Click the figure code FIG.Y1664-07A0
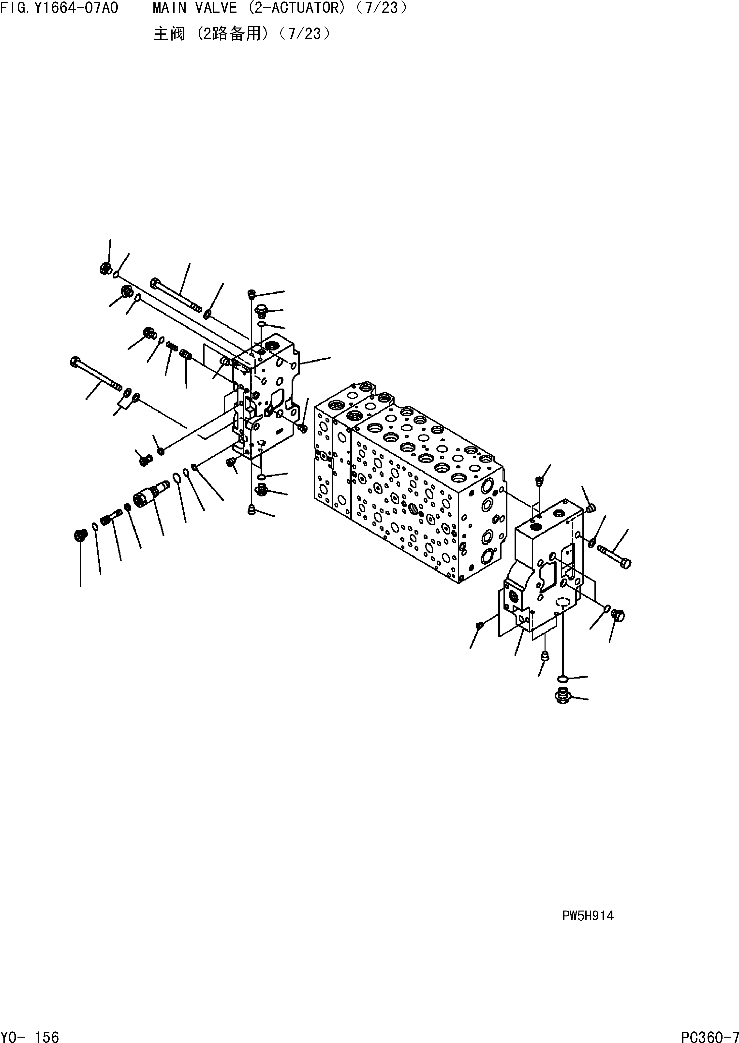59,8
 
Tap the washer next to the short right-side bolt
592,543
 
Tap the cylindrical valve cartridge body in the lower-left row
145,495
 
